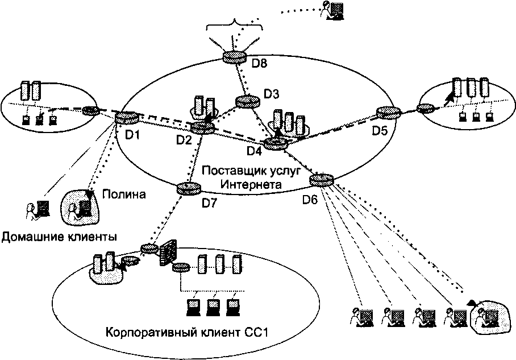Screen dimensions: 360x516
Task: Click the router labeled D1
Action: [125, 118]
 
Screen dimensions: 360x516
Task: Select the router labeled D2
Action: [201, 128]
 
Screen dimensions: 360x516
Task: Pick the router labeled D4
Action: [276, 143]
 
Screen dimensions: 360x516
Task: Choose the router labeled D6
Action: [322, 180]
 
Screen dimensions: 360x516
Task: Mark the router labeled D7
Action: [189, 188]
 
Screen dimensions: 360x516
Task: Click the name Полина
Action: [124, 194]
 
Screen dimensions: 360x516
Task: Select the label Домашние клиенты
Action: [59, 236]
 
